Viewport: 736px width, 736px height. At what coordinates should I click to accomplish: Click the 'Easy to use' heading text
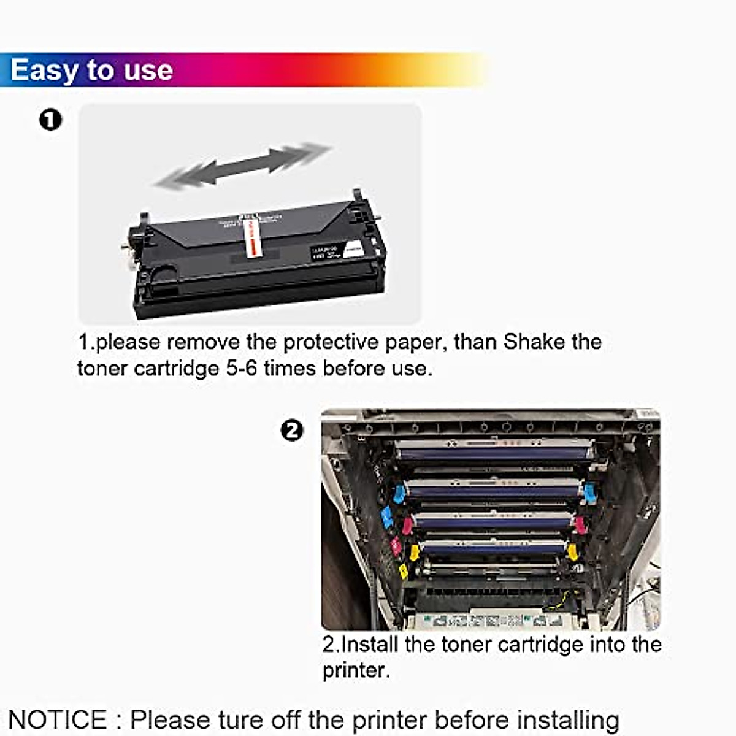[x=91, y=70]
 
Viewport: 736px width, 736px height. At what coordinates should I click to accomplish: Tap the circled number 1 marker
[x=50, y=120]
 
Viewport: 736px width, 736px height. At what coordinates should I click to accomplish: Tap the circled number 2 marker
[x=292, y=431]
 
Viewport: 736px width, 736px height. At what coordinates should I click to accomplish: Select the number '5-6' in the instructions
[x=240, y=368]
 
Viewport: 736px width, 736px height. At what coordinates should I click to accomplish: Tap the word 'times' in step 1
[x=289, y=368]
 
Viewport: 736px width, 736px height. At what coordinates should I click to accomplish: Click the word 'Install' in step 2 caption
[x=370, y=644]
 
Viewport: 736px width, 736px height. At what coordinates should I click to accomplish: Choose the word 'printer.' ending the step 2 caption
[x=356, y=670]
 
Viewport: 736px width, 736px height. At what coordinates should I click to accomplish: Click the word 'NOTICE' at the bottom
[x=58, y=719]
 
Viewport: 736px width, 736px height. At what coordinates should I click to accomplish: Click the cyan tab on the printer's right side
[x=589, y=492]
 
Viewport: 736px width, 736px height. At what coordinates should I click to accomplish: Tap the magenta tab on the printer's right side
[x=580, y=524]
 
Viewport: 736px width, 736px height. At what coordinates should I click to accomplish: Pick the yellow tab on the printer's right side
[x=572, y=551]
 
